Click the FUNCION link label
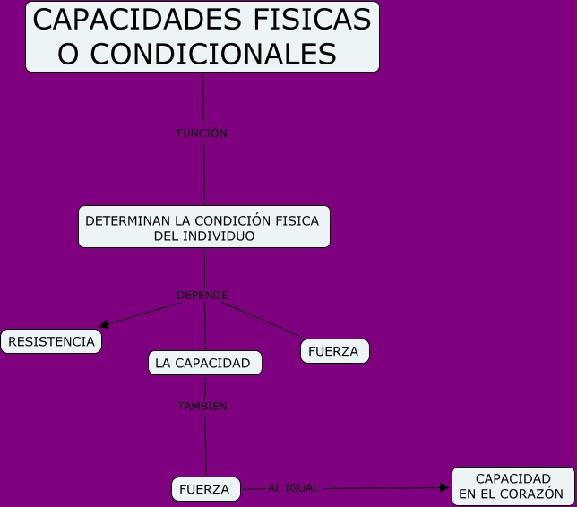[x=202, y=133]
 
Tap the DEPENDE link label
[x=202, y=295]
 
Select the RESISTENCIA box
[x=51, y=341]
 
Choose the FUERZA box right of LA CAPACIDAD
[x=334, y=352]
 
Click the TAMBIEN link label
[x=202, y=406]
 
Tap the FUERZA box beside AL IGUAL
[x=205, y=489]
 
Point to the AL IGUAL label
[x=293, y=488]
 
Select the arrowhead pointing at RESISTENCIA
[x=104, y=324]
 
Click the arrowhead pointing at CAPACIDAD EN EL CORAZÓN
[x=445, y=487]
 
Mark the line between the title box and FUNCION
[x=203, y=99]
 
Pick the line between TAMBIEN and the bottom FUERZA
[x=205, y=443]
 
